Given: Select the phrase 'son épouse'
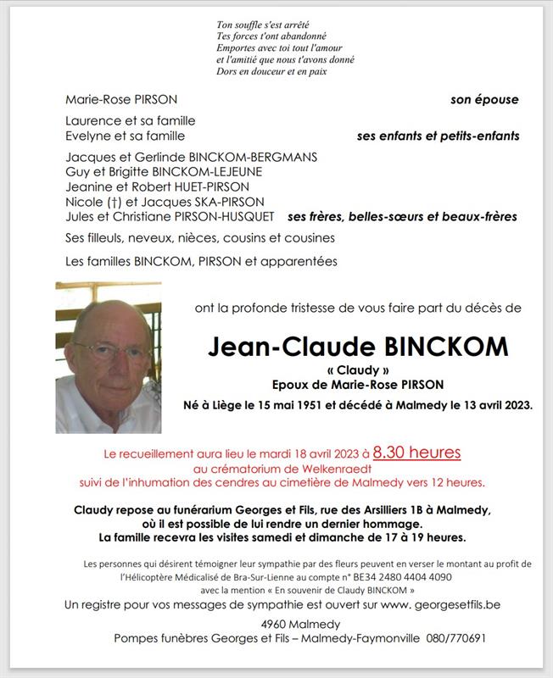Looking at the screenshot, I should [x=484, y=100].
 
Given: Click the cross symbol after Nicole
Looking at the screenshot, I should [x=109, y=202].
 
